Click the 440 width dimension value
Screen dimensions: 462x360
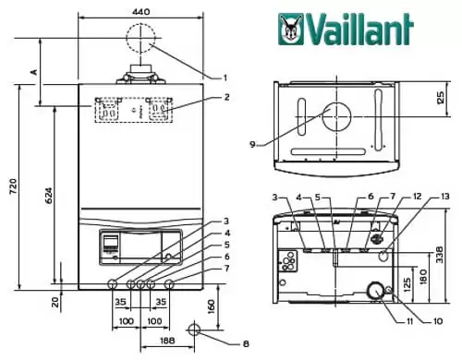click(140, 11)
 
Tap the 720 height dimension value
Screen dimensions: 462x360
click(13, 186)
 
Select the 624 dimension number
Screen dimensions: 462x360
click(48, 196)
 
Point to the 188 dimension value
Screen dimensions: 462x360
click(167, 340)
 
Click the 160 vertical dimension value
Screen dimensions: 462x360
click(211, 306)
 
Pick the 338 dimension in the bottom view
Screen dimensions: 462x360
click(440, 254)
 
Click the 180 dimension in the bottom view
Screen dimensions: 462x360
click(424, 276)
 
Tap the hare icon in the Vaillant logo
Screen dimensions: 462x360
click(291, 30)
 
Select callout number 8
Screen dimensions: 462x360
click(246, 343)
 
